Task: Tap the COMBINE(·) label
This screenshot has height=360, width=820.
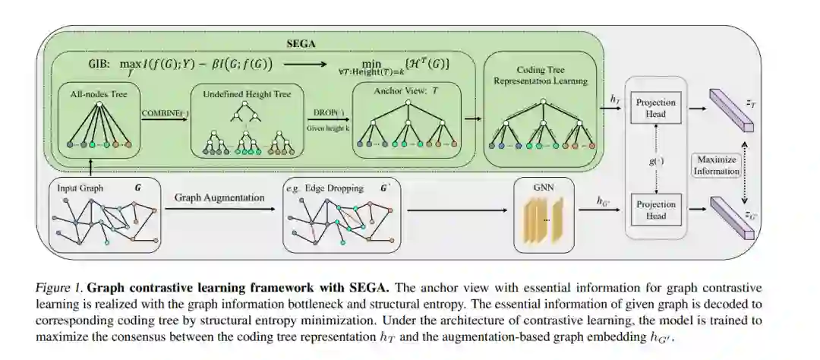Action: [x=163, y=114]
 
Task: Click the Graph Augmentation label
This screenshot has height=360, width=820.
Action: [x=219, y=197]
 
